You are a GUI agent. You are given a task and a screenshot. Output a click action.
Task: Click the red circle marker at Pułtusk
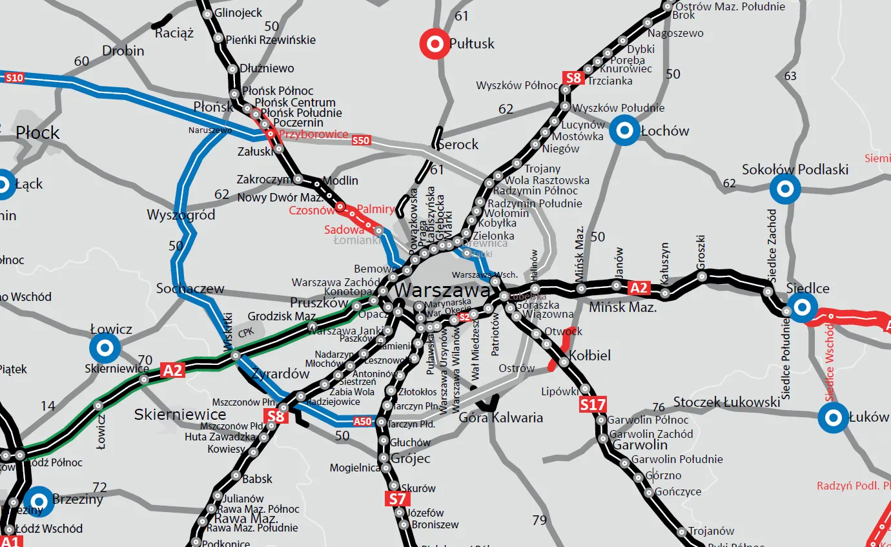click(435, 44)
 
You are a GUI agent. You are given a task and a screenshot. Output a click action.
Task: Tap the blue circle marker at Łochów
click(624, 130)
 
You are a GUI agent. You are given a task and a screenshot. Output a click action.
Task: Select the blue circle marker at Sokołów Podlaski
click(785, 189)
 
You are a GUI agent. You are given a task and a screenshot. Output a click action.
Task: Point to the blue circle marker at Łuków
click(833, 417)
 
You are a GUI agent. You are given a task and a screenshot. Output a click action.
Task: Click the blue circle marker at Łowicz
click(105, 349)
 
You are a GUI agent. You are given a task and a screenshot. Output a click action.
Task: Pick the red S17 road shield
click(592, 405)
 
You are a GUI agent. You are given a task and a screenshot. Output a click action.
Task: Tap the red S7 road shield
click(398, 498)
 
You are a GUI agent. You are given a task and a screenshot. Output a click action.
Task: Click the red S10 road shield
click(14, 78)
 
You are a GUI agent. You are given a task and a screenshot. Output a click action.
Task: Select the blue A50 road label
click(363, 422)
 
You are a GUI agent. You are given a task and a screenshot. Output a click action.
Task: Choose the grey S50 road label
click(361, 140)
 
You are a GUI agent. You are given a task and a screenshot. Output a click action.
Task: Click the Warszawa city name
click(442, 290)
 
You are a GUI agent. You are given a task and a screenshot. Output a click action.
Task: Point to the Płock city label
click(38, 133)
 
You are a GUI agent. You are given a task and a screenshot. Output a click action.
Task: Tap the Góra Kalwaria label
click(500, 417)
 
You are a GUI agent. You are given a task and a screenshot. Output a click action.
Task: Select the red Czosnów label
click(311, 211)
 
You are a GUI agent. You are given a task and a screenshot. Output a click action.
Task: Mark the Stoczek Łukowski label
click(726, 402)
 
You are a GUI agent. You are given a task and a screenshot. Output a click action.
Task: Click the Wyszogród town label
click(181, 214)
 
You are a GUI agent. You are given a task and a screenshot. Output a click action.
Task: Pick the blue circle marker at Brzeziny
click(39, 501)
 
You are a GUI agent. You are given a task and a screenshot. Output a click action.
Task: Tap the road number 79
click(539, 520)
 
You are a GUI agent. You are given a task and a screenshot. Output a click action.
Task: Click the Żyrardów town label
click(281, 374)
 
